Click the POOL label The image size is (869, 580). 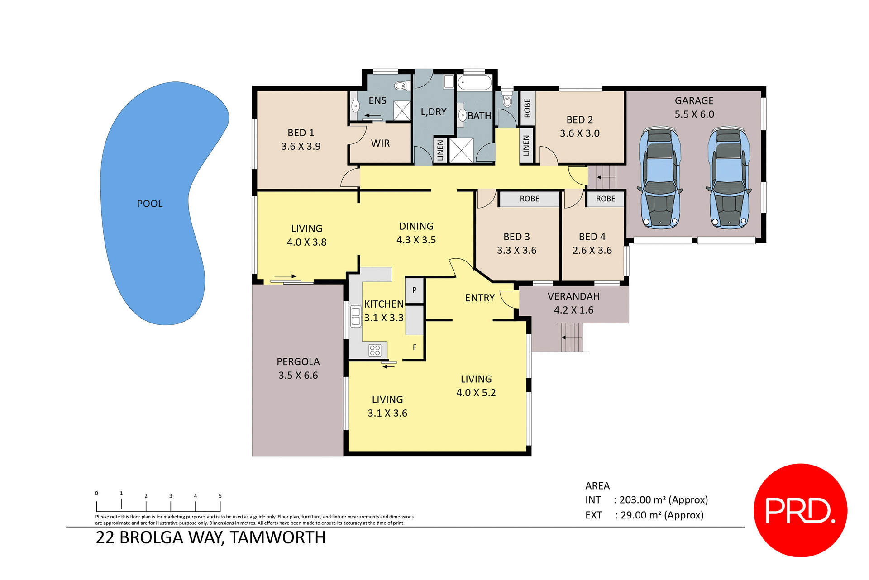coord(150,204)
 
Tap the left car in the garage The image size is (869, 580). coord(660,178)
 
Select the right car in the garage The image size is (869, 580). coord(729,178)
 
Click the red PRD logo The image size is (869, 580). coord(800,510)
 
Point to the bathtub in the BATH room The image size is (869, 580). coord(474,83)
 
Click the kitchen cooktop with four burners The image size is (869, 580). coord(375,350)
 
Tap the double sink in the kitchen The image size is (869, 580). coord(356,316)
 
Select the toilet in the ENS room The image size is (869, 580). coord(401,86)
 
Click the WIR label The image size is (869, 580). coord(380,143)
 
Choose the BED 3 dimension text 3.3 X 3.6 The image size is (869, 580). coord(516,251)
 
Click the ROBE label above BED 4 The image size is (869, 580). coord(605,199)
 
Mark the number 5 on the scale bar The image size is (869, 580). coord(220,496)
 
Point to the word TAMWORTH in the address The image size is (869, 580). coord(277,537)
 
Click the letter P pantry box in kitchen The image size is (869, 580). coord(414,290)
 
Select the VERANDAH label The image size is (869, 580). coord(573,296)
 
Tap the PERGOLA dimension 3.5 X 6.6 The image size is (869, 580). coord(298,376)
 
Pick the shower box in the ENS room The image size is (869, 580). coord(401,111)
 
